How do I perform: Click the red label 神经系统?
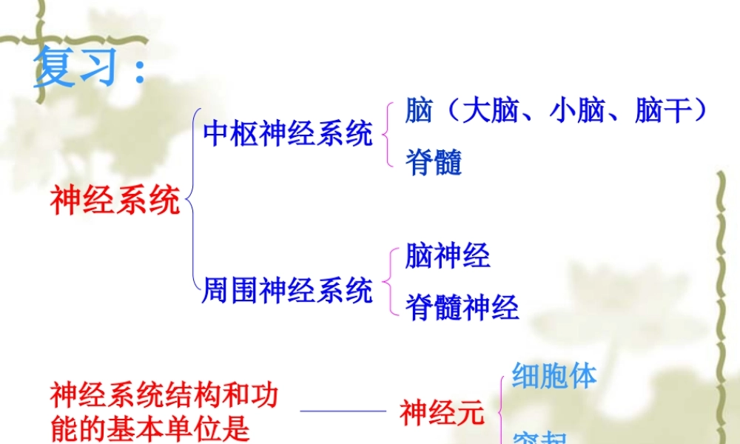(x=115, y=200)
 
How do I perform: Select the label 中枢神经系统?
(x=287, y=134)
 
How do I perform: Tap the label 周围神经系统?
(x=287, y=291)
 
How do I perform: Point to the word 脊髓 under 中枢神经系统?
(x=434, y=163)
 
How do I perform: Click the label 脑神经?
(x=447, y=257)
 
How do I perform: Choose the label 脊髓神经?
(x=462, y=307)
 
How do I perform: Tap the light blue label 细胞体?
(x=554, y=376)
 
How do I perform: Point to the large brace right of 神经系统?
(x=192, y=200)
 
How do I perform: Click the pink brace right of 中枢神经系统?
(x=387, y=135)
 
